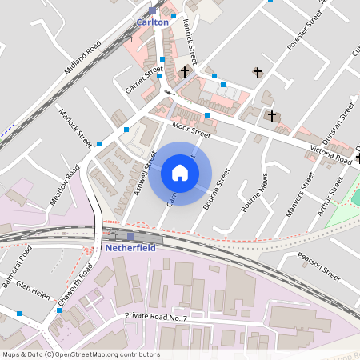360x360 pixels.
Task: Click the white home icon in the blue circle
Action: point(180,173)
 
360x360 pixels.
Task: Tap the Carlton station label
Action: point(153,22)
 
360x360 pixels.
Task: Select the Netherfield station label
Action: point(132,248)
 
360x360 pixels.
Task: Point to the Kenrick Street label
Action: point(190,42)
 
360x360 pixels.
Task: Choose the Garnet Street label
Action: point(144,79)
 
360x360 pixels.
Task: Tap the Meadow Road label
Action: point(65,186)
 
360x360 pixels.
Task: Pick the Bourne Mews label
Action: point(254,194)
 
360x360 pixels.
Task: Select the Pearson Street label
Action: point(318,268)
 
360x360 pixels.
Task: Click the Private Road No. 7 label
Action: point(155,318)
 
